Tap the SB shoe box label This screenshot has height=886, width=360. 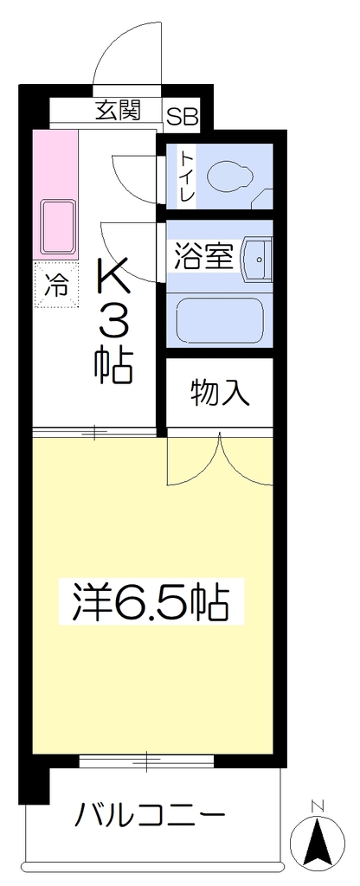[182, 117]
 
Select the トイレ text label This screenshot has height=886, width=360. [188, 175]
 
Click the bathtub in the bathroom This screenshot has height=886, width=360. [220, 318]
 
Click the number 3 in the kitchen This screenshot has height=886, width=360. [114, 323]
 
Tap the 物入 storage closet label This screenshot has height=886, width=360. [221, 393]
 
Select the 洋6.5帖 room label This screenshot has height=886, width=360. [151, 602]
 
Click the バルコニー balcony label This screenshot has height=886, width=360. [151, 815]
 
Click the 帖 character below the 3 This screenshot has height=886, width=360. [113, 366]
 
